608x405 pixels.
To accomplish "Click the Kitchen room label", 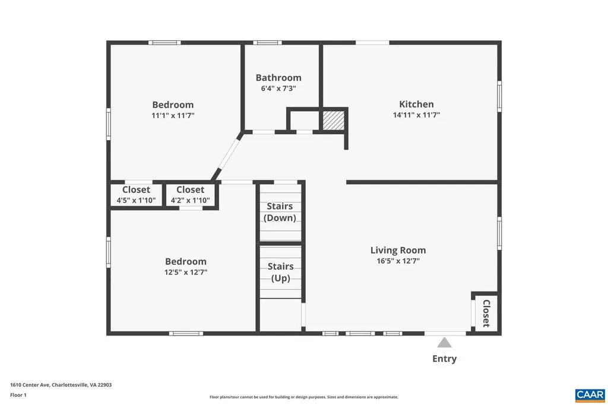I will click(416, 105).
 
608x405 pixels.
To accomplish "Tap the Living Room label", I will click(398, 250).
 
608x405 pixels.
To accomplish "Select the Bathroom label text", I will click(278, 78).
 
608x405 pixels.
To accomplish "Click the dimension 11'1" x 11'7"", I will click(173, 115).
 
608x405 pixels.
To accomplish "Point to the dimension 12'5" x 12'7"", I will click(186, 272).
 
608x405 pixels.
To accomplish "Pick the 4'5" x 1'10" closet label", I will click(136, 200).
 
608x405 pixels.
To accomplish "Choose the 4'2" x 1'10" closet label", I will click(190, 200).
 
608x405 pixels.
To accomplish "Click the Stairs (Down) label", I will click(280, 212).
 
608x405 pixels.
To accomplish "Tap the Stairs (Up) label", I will click(280, 272).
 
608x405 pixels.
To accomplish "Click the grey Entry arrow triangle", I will click(444, 343).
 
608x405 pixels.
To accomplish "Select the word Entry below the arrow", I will click(444, 359).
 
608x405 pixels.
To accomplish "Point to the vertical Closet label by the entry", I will click(486, 313).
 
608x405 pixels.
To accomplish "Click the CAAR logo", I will click(590, 394).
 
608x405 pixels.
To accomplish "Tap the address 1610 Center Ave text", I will click(61, 385).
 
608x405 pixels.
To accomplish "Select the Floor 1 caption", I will click(18, 395).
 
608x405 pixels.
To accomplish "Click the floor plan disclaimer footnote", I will click(303, 397).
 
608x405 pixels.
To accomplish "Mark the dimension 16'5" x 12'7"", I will click(398, 260).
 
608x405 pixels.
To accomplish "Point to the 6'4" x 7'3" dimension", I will click(278, 88).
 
